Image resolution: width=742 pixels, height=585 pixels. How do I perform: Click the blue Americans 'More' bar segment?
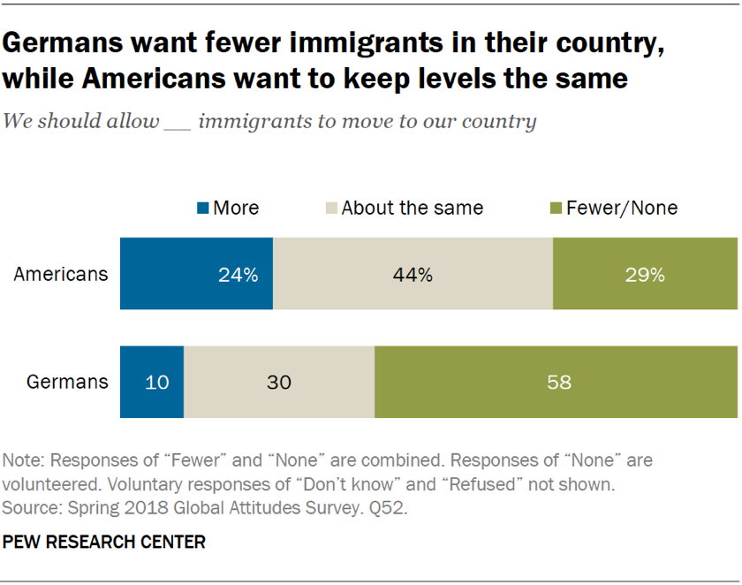point(196,274)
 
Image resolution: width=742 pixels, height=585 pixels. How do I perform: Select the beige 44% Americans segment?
point(413,274)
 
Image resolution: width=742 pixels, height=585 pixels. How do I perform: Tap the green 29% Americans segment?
point(645,274)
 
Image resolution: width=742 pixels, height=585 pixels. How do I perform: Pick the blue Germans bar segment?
point(152,383)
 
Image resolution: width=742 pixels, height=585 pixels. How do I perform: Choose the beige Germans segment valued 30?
point(279,383)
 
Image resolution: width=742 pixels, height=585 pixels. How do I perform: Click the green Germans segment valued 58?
point(556,383)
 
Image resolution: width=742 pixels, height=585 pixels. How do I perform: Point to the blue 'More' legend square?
point(202,209)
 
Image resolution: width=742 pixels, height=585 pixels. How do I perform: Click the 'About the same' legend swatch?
point(331,209)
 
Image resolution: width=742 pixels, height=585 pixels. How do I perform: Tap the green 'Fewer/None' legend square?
point(556,209)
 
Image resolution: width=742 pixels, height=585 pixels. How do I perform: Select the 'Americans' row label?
point(61,274)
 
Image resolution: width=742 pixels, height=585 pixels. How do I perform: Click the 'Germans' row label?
point(68,383)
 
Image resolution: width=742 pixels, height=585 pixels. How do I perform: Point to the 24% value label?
point(238,275)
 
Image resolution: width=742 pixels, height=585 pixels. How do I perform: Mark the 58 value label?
point(559,383)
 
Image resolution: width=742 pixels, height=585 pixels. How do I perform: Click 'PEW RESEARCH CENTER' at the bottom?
point(104,542)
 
